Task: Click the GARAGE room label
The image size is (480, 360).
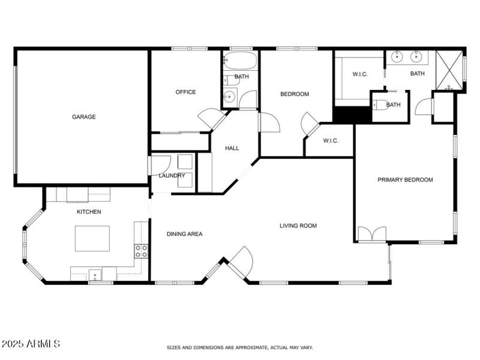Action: coord(84,117)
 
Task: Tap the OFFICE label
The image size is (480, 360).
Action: coord(185,92)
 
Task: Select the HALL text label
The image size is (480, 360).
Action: coord(232,148)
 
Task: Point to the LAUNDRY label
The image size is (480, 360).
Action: coord(172,176)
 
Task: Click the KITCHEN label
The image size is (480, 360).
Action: coord(88,212)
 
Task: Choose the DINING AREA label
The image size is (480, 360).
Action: coord(184,234)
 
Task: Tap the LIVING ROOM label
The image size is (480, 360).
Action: coord(298,226)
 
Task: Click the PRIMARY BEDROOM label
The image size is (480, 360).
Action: coord(405,179)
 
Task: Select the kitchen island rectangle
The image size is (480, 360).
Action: coord(92,238)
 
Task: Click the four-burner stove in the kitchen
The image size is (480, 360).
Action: coord(141,251)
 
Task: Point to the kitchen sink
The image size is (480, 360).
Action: coord(95,275)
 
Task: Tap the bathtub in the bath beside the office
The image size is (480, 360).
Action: coord(240,61)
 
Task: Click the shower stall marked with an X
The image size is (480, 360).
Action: coord(449,70)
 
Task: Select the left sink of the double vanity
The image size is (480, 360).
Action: coord(397,58)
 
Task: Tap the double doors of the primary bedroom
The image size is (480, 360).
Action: coord(372,234)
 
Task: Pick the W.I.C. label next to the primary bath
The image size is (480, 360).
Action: coord(359,74)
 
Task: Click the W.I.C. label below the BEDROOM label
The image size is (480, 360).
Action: coord(331,141)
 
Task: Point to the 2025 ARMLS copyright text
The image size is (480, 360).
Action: coord(31,344)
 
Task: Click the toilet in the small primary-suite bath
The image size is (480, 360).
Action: coord(379,106)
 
